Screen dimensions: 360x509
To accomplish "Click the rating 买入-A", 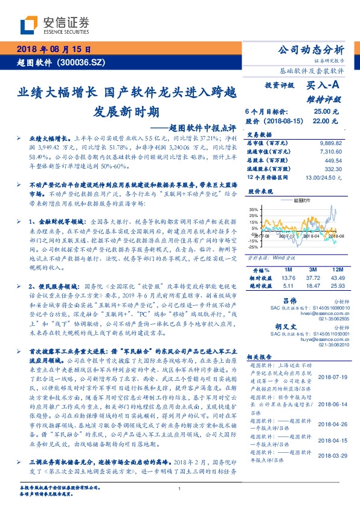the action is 316,86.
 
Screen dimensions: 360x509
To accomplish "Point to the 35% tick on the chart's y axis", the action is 254,209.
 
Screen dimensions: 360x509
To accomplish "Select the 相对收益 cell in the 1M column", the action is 288,277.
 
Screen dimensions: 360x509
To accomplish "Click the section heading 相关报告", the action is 262,356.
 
